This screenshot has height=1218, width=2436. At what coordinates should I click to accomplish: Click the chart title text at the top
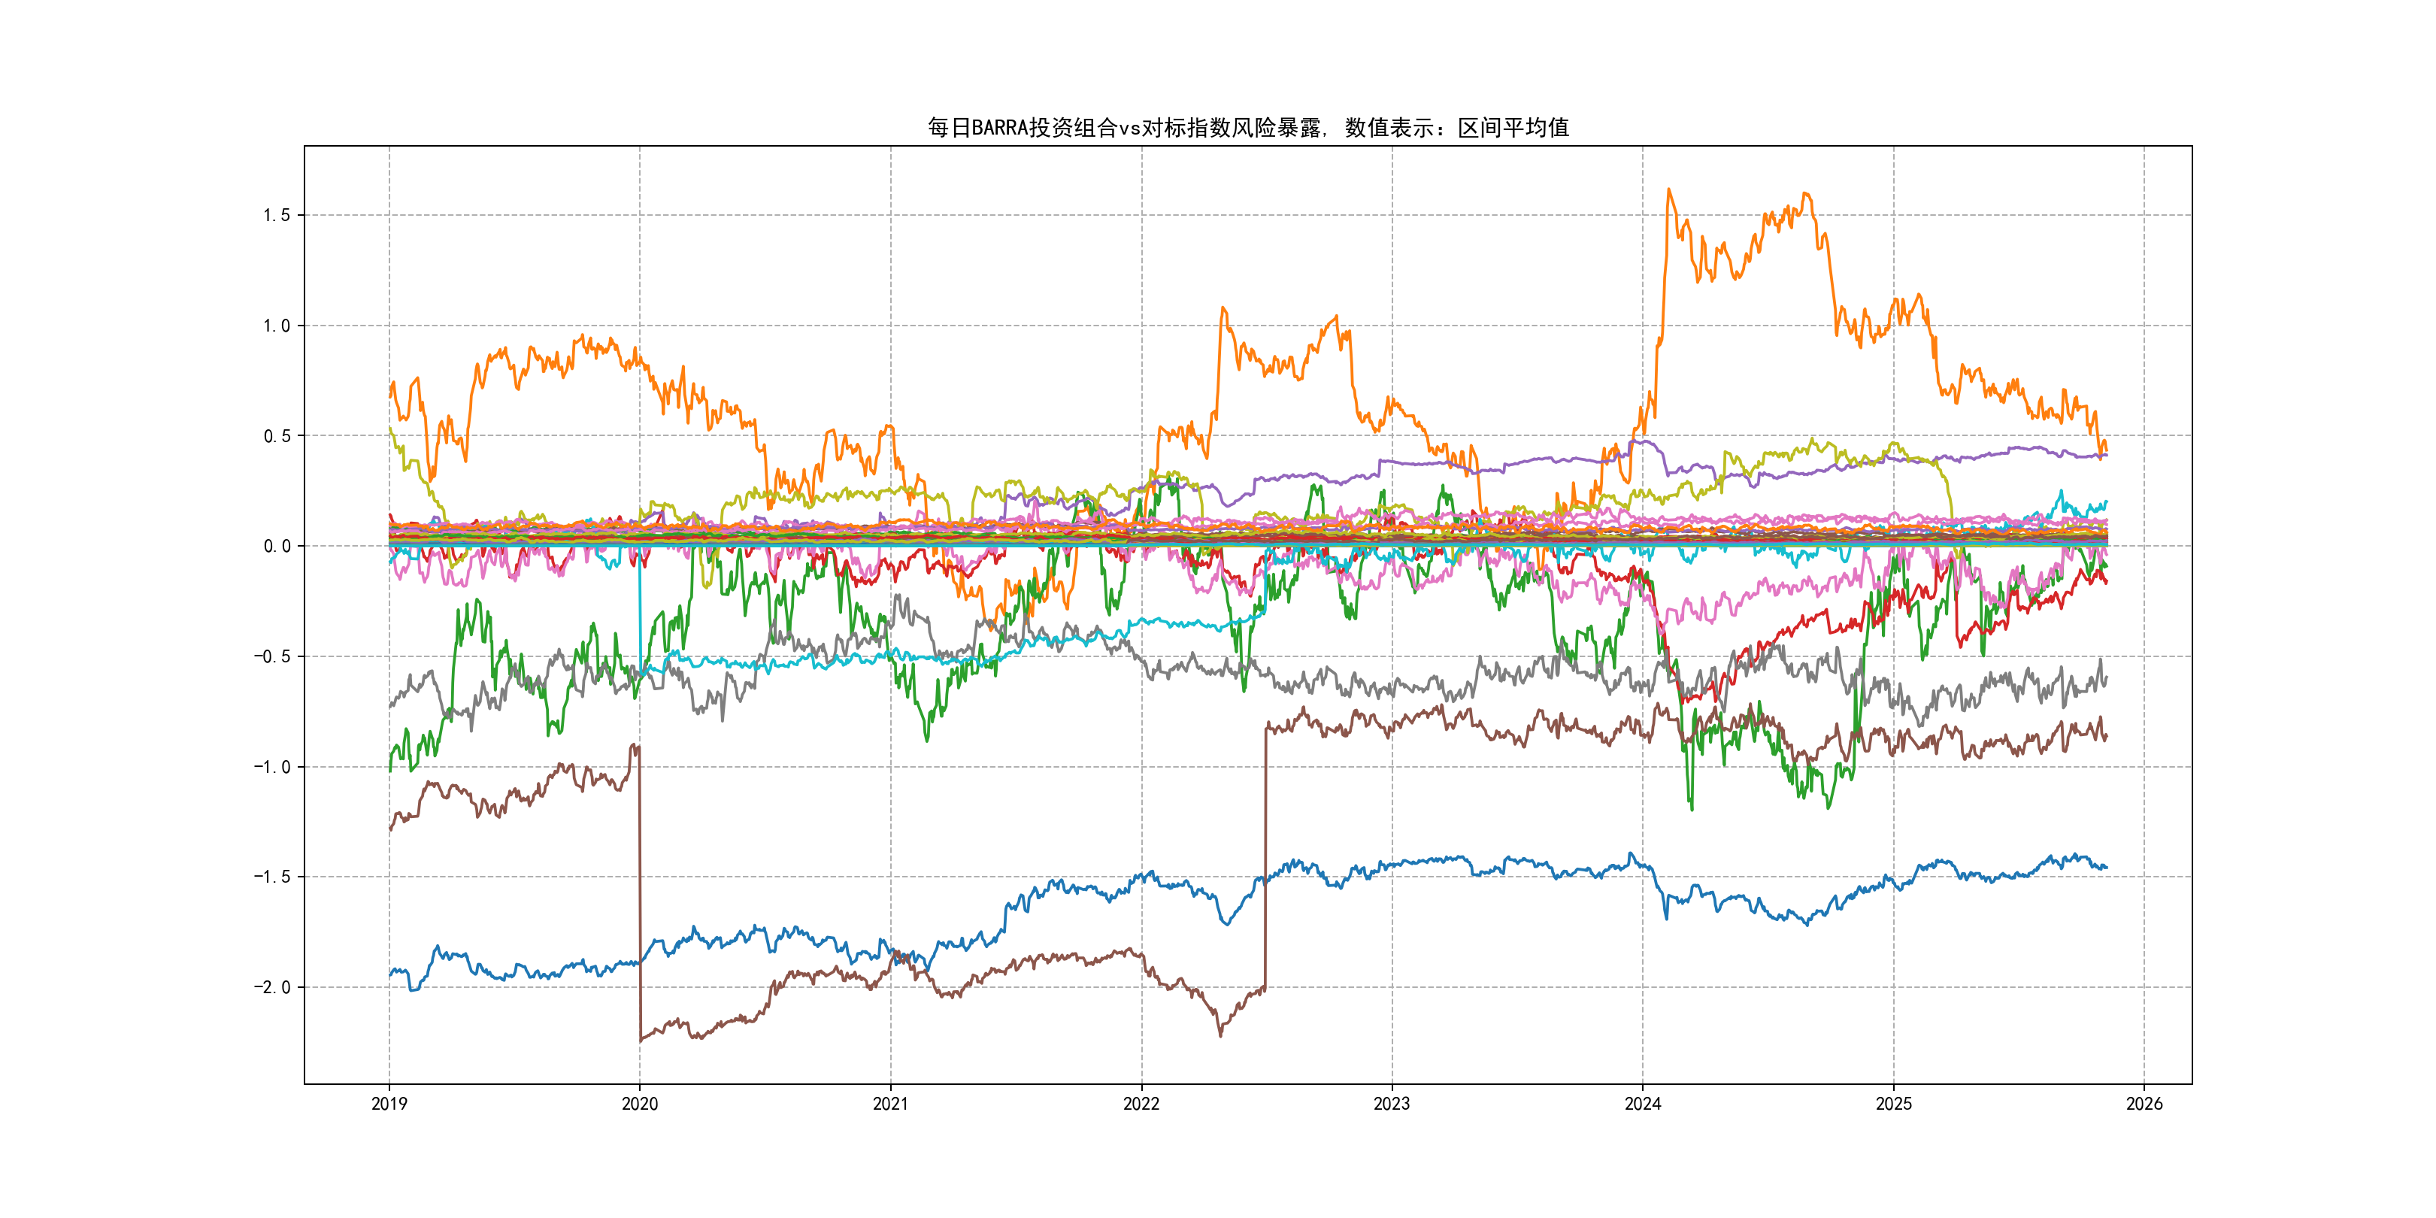pyautogui.click(x=1247, y=128)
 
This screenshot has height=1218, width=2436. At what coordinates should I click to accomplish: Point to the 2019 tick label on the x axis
pyautogui.click(x=389, y=1104)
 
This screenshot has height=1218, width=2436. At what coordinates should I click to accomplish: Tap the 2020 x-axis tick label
pyautogui.click(x=639, y=1104)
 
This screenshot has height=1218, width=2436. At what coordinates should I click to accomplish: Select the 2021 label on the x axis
pyautogui.click(x=890, y=1104)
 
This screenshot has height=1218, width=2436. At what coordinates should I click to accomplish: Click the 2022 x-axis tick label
pyautogui.click(x=1141, y=1104)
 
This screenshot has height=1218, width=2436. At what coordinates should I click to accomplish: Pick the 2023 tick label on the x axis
pyautogui.click(x=1392, y=1104)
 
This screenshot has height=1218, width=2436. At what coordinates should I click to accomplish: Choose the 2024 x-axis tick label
pyautogui.click(x=1643, y=1104)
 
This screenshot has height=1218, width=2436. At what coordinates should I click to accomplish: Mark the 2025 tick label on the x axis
pyautogui.click(x=1893, y=1104)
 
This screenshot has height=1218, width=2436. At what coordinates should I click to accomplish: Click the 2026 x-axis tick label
pyautogui.click(x=2144, y=1104)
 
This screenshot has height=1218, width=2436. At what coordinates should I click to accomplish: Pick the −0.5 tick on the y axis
pyautogui.click(x=271, y=656)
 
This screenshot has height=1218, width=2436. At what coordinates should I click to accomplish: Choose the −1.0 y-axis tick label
pyautogui.click(x=271, y=767)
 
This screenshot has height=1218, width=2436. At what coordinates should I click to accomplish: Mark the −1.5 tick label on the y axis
pyautogui.click(x=271, y=877)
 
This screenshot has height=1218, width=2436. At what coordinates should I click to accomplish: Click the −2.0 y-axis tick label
pyautogui.click(x=271, y=987)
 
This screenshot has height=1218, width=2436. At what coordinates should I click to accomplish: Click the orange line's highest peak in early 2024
pyautogui.click(x=1669, y=189)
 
